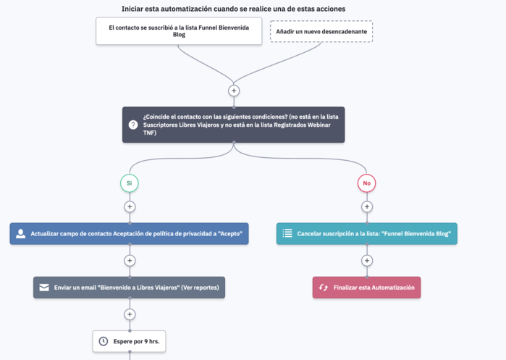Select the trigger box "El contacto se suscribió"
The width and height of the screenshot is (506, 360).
pos(179,31)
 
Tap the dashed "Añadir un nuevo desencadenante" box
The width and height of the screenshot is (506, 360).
pos(321,31)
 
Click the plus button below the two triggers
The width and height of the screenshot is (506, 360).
pos(234,91)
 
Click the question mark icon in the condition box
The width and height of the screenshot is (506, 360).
pos(133,125)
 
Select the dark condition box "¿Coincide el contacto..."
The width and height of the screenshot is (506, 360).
pos(233,125)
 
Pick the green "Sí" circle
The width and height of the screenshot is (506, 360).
pos(130,183)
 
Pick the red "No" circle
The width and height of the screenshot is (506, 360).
pos(366,183)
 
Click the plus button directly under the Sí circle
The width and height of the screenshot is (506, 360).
pos(130,206)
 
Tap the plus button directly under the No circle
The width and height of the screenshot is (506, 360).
pos(367,206)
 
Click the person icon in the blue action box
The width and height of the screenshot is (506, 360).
pos(21,233)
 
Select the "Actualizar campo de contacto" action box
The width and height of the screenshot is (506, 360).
pos(129,233)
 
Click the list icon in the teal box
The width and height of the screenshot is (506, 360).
pos(287,233)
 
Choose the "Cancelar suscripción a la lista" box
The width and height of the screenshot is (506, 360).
pos(367,233)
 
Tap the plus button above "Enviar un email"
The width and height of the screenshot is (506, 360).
pos(130,261)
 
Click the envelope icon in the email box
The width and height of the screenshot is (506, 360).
pos(44,288)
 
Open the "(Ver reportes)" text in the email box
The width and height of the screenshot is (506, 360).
pos(200,288)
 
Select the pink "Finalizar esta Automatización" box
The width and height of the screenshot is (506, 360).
pos(366,288)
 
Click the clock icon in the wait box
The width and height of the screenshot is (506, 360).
pos(104,341)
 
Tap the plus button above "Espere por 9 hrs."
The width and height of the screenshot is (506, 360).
pos(130,314)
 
